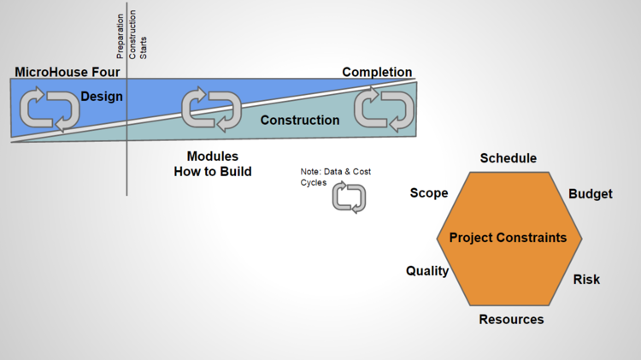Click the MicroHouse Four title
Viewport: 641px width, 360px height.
coord(68,72)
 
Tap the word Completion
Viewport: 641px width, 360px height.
coord(377,72)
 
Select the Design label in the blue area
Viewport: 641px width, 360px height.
coord(102,97)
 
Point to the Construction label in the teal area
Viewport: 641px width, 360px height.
coord(300,121)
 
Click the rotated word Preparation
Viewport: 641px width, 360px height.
coord(120,37)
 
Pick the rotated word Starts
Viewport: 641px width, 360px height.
coord(143,48)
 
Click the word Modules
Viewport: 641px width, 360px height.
coord(213,156)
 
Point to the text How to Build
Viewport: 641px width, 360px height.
coord(213,171)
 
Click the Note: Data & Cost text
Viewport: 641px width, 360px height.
coord(336,172)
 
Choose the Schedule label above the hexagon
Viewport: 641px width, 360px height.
coord(509,158)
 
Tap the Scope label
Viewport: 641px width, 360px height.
coord(429,193)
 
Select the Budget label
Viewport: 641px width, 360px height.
coord(591,194)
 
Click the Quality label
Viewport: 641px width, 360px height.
coord(427,271)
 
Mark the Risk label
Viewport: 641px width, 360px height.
coord(586,280)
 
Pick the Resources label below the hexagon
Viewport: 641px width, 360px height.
coord(511,320)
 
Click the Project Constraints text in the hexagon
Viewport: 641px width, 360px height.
coord(509,238)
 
